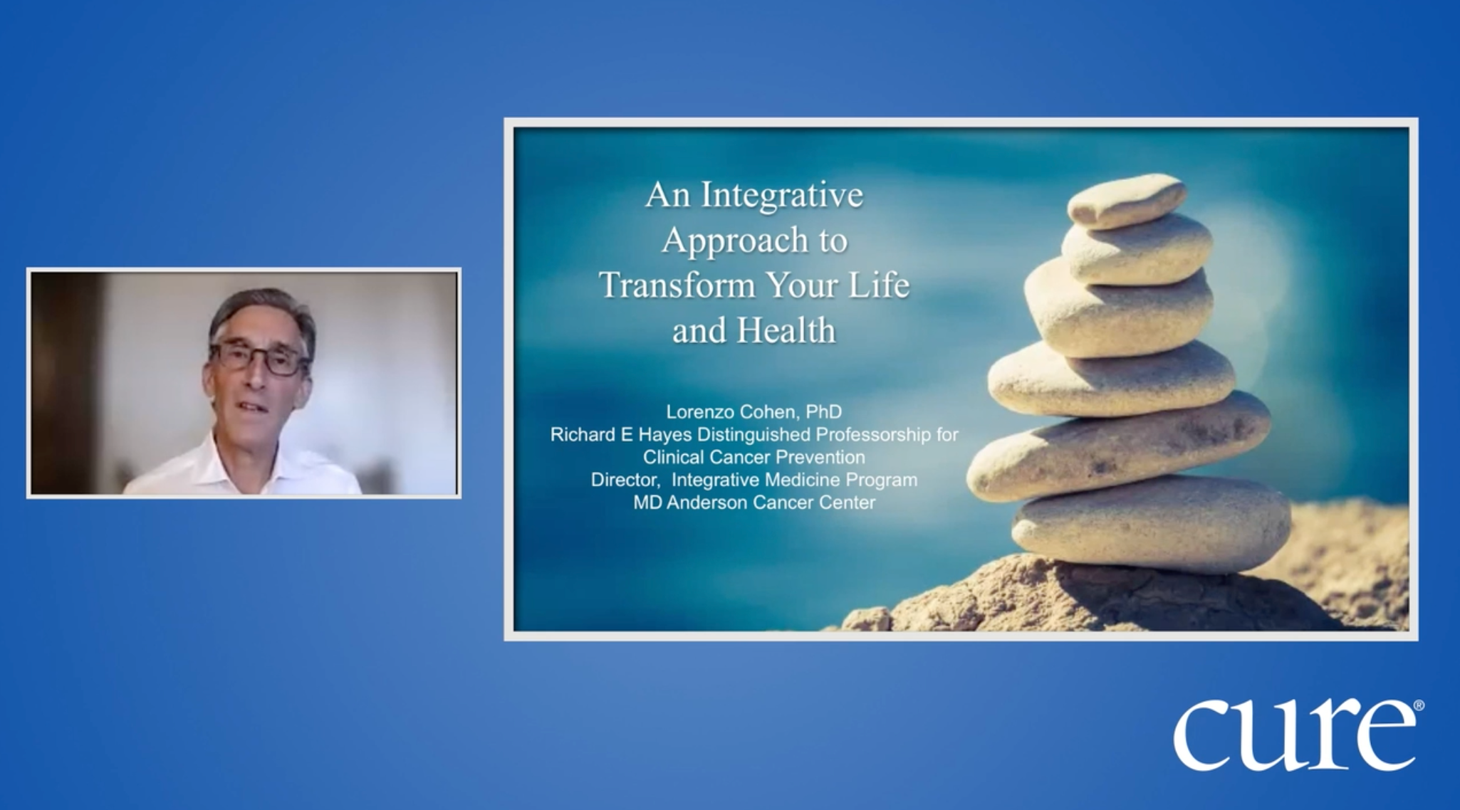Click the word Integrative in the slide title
pos(782,195)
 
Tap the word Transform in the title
pos(677,285)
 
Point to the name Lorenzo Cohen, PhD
pos(754,411)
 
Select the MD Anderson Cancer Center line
pos(754,503)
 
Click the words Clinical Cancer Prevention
pos(754,457)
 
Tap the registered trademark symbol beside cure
pos(1418,705)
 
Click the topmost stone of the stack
pos(1126,200)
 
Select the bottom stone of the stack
pos(1152,525)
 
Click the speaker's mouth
pos(251,409)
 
